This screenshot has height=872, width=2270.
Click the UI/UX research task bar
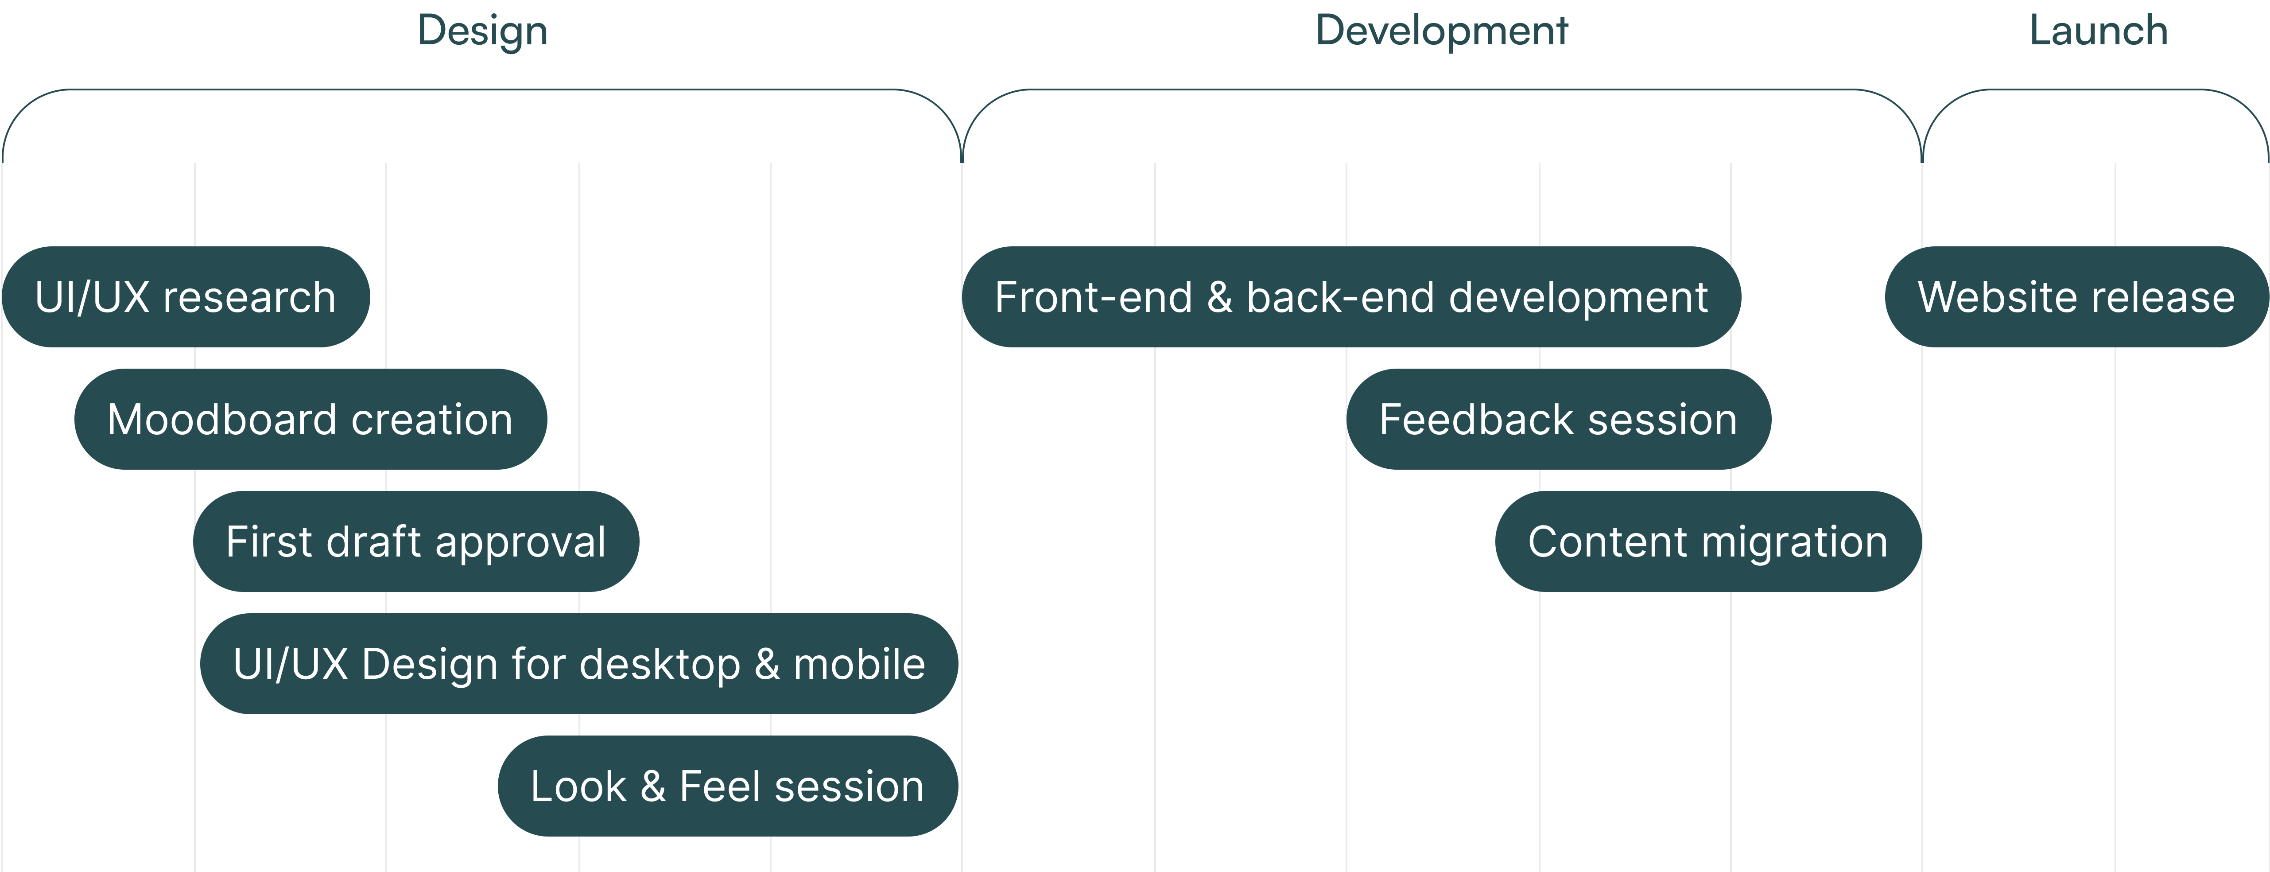(186, 297)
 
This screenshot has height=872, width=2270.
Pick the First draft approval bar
(416, 541)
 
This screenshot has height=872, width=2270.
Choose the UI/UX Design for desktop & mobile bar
(579, 664)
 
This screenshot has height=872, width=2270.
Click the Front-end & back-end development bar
(1351, 297)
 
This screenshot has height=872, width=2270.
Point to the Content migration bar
(1708, 541)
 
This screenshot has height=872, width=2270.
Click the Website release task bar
(2076, 297)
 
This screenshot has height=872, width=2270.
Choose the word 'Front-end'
(1093, 297)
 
